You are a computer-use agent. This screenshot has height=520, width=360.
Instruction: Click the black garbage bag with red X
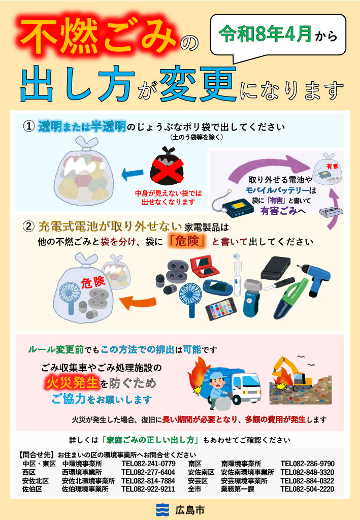(x=167, y=167)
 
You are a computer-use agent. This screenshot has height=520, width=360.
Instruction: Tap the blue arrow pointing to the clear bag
(x=132, y=174)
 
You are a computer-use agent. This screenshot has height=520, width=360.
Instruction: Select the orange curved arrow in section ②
(x=137, y=302)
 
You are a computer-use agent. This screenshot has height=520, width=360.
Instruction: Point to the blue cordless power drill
(x=313, y=278)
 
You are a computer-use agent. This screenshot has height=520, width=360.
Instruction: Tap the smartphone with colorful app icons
(x=221, y=309)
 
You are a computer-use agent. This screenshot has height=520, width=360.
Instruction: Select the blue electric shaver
(x=252, y=297)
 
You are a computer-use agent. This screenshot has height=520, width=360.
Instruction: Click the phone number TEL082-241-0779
(x=148, y=464)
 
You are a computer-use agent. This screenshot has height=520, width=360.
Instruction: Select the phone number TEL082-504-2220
(x=307, y=489)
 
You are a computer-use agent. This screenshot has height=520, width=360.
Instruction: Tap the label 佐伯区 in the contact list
(x=32, y=489)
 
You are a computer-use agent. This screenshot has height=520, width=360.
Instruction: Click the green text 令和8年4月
(x=265, y=34)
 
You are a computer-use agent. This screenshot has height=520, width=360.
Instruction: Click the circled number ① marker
(x=29, y=126)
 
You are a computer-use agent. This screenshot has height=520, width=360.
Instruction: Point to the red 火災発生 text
(x=72, y=383)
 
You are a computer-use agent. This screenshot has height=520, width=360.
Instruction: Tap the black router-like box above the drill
(x=276, y=268)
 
